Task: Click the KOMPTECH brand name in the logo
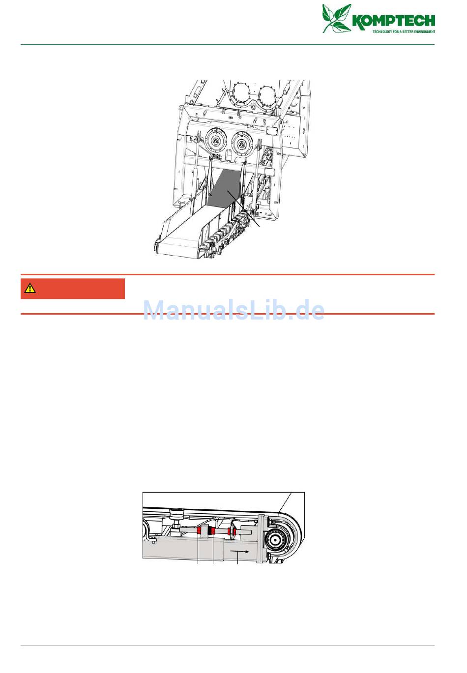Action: [394, 21]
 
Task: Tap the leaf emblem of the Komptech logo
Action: [337, 18]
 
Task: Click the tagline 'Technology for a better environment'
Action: [404, 31]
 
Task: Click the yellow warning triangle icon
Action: [30, 288]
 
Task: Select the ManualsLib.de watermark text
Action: [234, 310]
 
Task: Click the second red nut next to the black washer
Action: [212, 531]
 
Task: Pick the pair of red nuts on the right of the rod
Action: [232, 532]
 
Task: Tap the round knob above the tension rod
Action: [175, 514]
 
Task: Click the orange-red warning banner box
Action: [73, 289]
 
